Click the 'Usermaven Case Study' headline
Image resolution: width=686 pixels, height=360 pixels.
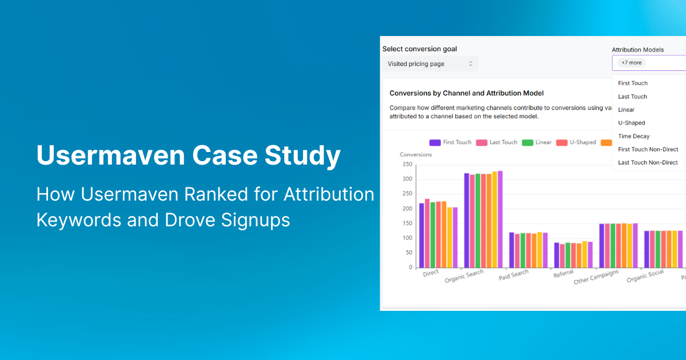pos(188,156)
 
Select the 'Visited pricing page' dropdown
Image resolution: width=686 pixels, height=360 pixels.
pos(430,64)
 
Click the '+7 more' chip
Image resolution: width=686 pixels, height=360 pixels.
pos(631,63)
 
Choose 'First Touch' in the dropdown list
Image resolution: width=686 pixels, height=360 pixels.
pos(632,83)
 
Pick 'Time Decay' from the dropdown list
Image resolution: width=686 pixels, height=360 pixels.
pos(633,136)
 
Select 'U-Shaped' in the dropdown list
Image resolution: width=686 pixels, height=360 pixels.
pos(631,123)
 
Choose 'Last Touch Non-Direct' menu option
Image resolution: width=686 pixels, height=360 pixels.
pos(648,163)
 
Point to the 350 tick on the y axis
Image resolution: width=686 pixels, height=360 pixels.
pos(407,165)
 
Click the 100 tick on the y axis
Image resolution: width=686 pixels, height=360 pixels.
pos(407,238)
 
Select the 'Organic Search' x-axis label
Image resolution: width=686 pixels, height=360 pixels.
pos(464,277)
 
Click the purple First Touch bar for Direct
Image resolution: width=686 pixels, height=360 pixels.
pos(421,235)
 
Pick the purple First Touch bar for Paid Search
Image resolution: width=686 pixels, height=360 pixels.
pos(511,250)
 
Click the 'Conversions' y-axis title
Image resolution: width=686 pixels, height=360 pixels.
pos(416,154)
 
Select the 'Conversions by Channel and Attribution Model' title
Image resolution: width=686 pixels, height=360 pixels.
pos(466,93)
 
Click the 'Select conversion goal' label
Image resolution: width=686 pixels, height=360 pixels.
pos(420,49)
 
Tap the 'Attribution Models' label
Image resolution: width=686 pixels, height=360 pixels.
pos(637,50)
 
